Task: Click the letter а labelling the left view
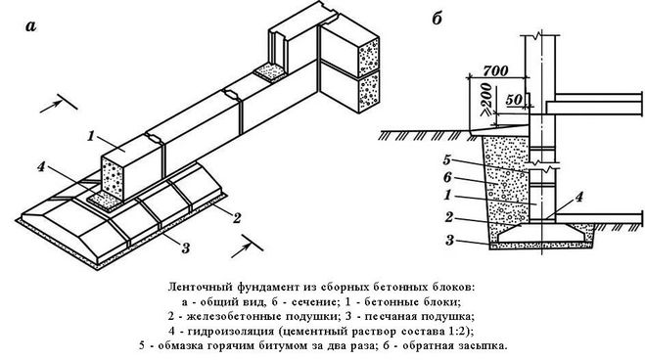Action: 31,26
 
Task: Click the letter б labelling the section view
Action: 437,19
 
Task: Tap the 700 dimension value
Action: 495,70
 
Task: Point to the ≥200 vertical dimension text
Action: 486,100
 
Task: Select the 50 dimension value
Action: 514,100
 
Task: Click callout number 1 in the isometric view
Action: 91,136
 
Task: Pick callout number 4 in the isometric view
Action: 41,167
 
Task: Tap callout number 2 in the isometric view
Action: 237,218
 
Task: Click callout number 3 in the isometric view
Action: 186,247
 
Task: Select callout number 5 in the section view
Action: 447,159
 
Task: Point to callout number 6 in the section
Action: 447,177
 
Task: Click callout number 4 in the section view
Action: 578,198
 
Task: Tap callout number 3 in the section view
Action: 449,240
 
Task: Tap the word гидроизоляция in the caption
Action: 231,331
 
